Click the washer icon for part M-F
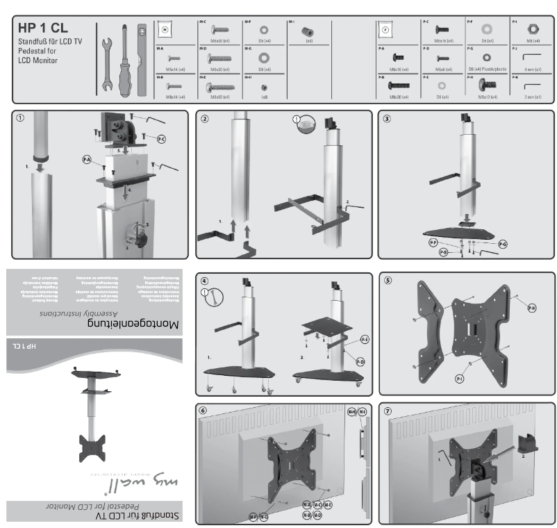[x=265, y=31]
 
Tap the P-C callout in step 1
[x=161, y=139]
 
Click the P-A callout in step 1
[x=88, y=160]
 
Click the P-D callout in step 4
[x=360, y=363]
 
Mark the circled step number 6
[x=204, y=411]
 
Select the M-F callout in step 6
[x=253, y=516]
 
